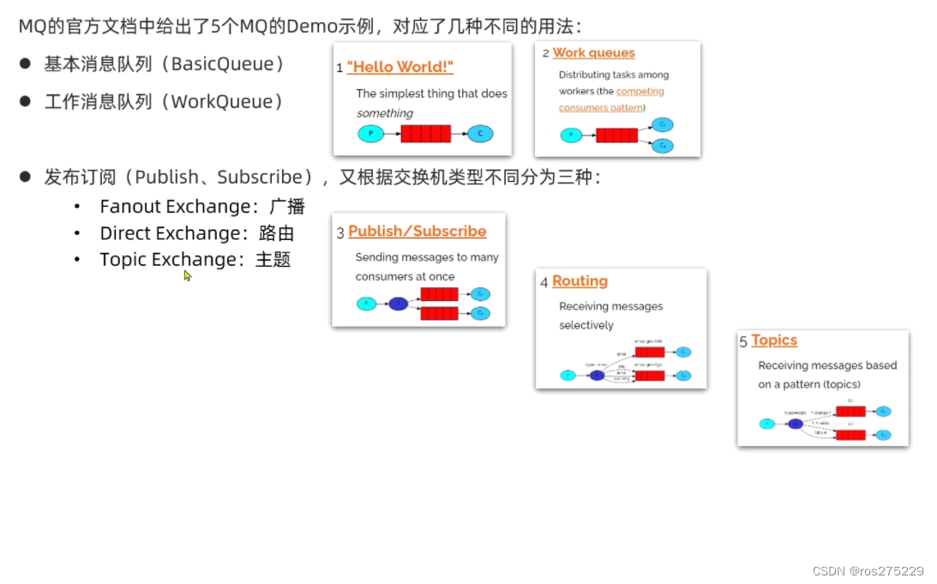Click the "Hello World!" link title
click(x=400, y=66)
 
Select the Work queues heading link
click(x=593, y=52)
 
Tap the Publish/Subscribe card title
click(x=417, y=232)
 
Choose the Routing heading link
click(x=580, y=281)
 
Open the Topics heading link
click(x=774, y=340)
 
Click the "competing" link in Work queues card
click(x=640, y=92)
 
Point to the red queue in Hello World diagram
click(x=425, y=134)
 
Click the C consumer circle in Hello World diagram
click(x=480, y=134)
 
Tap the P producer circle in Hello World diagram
click(x=370, y=134)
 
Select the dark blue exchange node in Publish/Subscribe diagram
click(x=398, y=304)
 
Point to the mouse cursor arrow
click(x=187, y=274)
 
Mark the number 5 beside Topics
click(x=743, y=342)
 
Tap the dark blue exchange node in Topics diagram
click(x=796, y=424)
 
